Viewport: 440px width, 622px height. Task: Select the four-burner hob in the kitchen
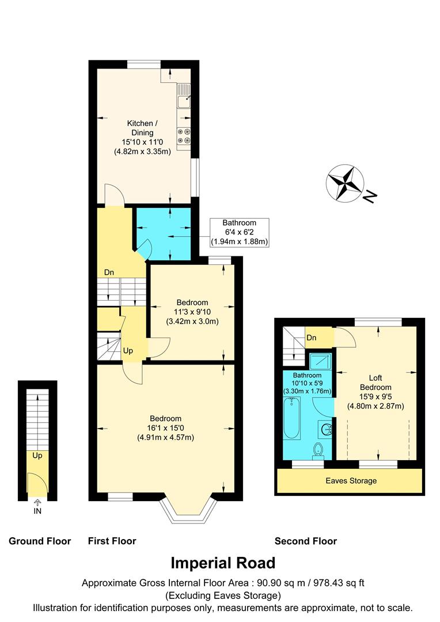point(184,135)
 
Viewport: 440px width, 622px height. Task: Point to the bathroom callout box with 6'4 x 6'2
point(240,232)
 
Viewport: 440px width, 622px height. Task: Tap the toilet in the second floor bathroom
point(317,450)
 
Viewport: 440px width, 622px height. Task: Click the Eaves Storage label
point(351,481)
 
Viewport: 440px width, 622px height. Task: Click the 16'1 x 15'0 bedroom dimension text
point(166,428)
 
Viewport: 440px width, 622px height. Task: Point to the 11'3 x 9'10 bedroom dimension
point(192,312)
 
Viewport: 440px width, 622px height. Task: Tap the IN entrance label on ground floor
point(38,511)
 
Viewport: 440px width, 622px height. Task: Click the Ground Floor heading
point(40,541)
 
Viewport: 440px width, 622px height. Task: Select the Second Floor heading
point(306,541)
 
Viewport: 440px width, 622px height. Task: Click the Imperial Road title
point(223,563)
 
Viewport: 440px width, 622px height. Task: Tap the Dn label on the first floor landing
point(109,272)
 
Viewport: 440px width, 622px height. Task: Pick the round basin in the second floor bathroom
point(325,429)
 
